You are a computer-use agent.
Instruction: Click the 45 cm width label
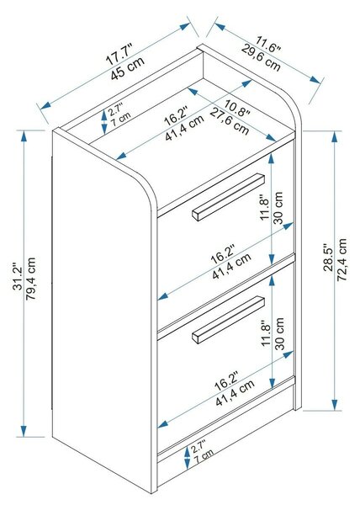coord(128,68)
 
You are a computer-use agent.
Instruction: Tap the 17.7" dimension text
coord(119,56)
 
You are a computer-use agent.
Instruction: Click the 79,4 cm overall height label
coord(30,279)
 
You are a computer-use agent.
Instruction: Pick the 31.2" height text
coord(18,279)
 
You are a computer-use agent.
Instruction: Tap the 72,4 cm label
coord(341,259)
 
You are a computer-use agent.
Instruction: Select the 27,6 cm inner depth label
coord(230,122)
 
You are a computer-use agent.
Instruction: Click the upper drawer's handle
coord(229,197)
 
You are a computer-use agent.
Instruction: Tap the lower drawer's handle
coord(229,320)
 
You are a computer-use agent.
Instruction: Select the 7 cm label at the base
coord(204,457)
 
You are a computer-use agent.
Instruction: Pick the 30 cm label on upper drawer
coord(278,208)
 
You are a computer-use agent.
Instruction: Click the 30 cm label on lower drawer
coord(280,333)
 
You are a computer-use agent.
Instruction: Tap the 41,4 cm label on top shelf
coord(184,128)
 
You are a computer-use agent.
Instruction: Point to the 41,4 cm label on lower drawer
coord(235,392)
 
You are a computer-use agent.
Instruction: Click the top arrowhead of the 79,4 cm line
coord(24,136)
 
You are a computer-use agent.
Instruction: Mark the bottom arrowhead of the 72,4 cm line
coord(335,405)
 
